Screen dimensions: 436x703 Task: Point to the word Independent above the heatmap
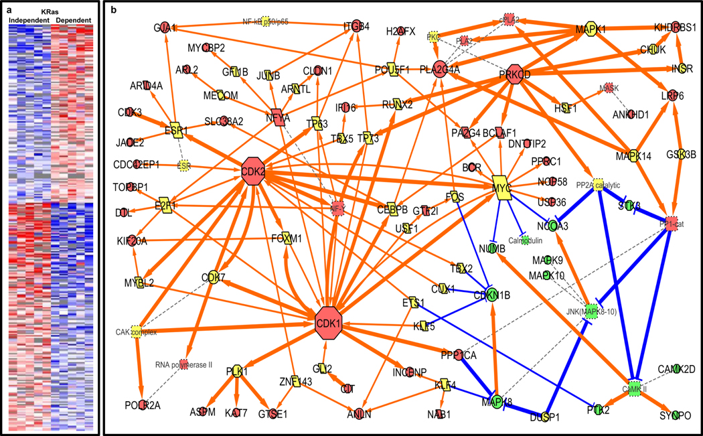point(29,21)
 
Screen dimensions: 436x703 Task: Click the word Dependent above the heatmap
point(74,21)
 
